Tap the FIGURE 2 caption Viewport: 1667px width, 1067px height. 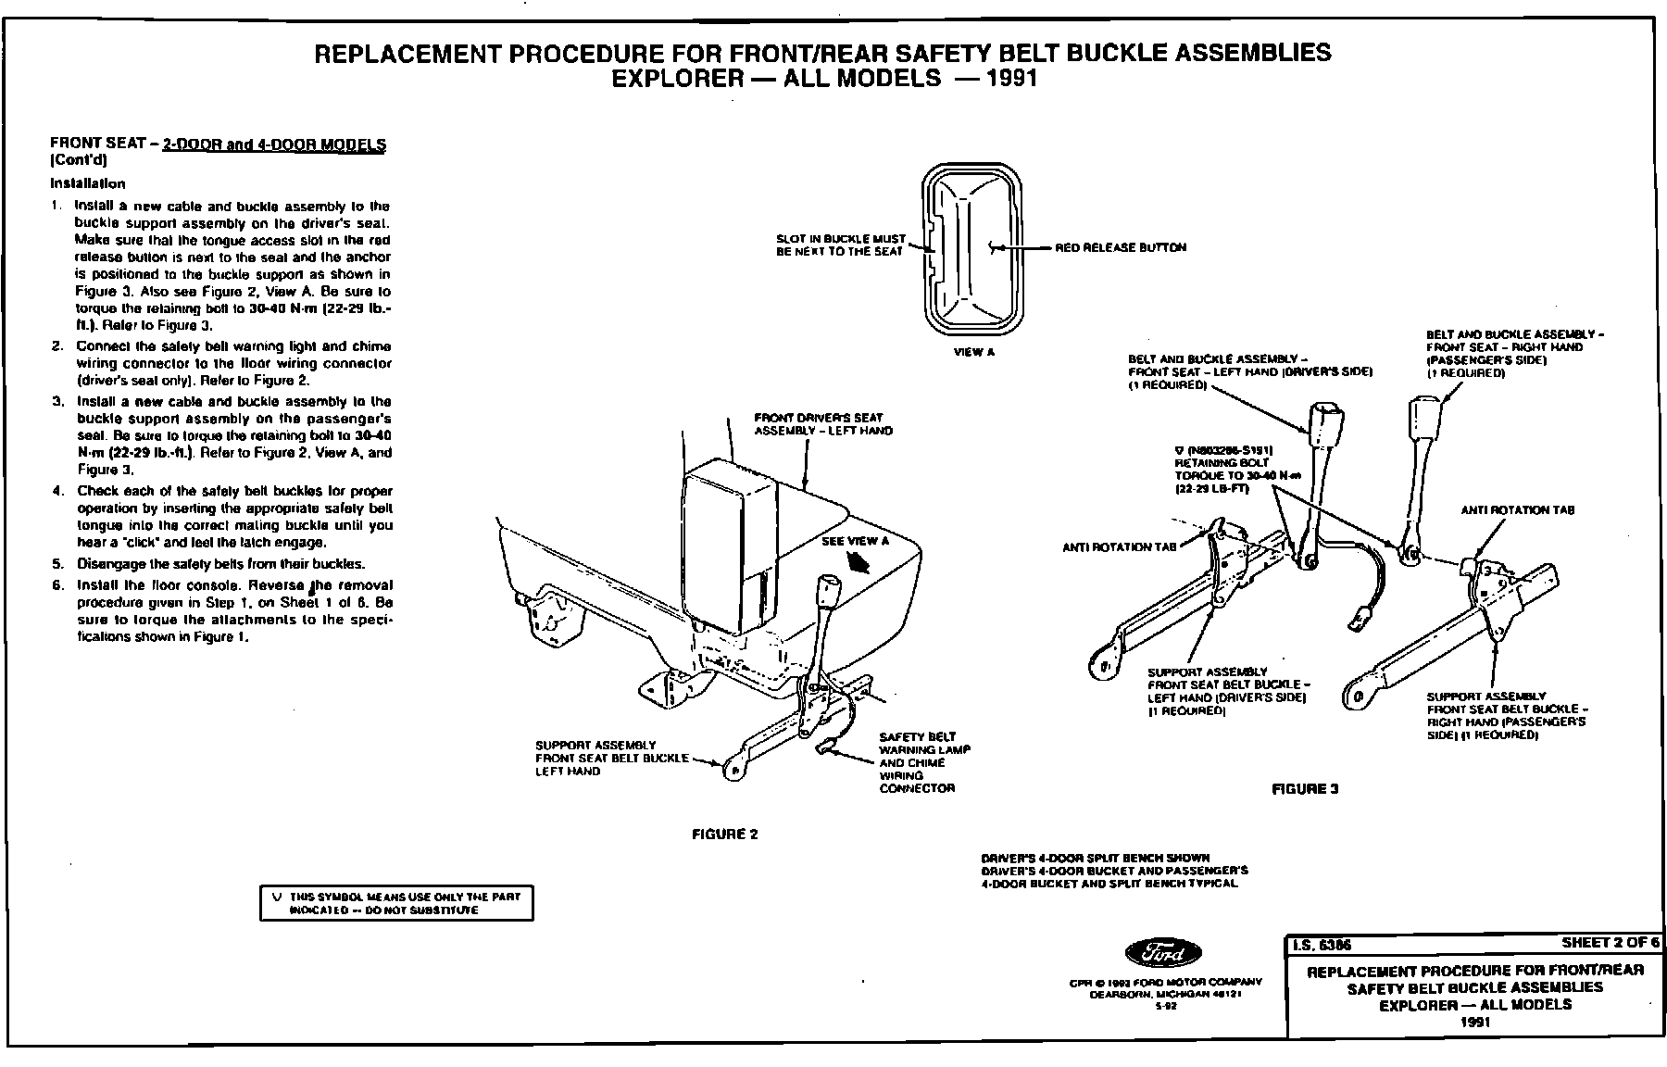pos(725,835)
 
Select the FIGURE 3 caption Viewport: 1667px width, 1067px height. pos(1305,789)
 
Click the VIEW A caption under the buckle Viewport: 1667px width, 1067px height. pos(973,353)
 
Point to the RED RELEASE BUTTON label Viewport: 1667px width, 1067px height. pos(1121,248)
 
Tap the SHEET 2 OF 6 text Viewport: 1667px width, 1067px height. pos(1610,943)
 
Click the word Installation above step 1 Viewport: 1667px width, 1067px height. pos(87,183)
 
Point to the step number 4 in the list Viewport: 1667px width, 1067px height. pos(57,491)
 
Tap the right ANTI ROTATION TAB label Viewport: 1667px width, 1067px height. pos(1517,510)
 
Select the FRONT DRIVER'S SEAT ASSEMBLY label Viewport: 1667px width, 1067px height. pos(822,424)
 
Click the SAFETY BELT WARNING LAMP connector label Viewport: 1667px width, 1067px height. pos(922,762)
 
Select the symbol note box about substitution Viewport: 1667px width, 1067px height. pos(396,903)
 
